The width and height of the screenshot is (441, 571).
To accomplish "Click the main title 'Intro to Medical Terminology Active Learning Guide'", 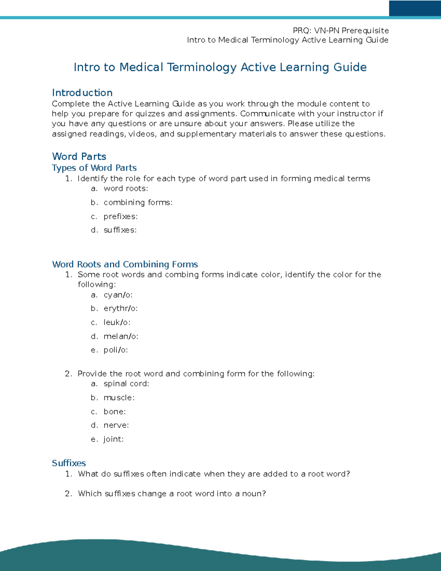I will pyautogui.click(x=220, y=67).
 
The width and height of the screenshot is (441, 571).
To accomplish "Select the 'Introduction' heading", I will pyautogui.click(x=82, y=93).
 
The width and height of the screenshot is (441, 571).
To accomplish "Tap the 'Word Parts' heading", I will pyautogui.click(x=79, y=156).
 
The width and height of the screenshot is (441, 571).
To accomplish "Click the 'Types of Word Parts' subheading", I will pyautogui.click(x=94, y=168).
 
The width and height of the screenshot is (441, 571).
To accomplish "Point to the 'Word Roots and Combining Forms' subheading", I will pyautogui.click(x=125, y=264).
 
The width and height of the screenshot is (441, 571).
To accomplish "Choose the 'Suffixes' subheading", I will pyautogui.click(x=69, y=463).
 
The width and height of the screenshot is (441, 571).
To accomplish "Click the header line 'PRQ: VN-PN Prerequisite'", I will pyautogui.click(x=341, y=31).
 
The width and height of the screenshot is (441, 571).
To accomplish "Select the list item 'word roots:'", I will pyautogui.click(x=126, y=189).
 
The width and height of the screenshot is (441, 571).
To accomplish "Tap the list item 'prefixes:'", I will pyautogui.click(x=121, y=217).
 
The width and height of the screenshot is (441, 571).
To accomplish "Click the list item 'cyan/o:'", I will pyautogui.click(x=118, y=295).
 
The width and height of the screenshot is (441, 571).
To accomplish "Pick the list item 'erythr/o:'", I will pyautogui.click(x=121, y=308).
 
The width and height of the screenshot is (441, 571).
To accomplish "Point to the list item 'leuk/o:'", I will pyautogui.click(x=117, y=322).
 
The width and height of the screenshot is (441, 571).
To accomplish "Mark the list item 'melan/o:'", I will pyautogui.click(x=121, y=336).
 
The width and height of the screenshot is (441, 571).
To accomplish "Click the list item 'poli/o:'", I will pyautogui.click(x=115, y=350).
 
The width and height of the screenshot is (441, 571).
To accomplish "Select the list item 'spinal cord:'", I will pyautogui.click(x=126, y=384).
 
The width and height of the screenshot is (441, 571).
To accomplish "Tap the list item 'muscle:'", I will pyautogui.click(x=119, y=398).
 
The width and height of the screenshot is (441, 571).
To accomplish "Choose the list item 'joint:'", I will pyautogui.click(x=114, y=439).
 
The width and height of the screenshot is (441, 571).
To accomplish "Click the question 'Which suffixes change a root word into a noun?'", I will pyautogui.click(x=172, y=494).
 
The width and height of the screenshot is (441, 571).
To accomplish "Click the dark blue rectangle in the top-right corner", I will pyautogui.click(x=415, y=8).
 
